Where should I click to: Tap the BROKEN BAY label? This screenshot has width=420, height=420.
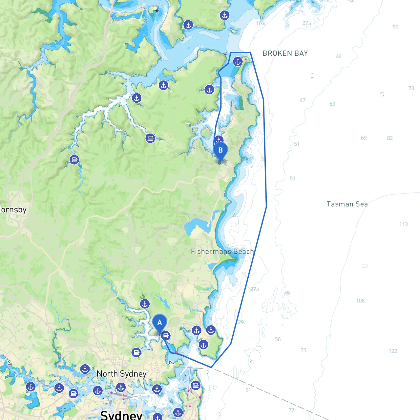[285, 53]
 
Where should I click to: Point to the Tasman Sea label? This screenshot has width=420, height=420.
[347, 204]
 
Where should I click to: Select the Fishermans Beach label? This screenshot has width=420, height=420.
[222, 252]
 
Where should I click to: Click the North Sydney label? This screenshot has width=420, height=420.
[121, 374]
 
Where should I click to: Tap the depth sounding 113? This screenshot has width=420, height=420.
[403, 224]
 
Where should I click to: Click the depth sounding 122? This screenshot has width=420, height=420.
[393, 351]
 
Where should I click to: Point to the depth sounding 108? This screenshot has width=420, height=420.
[360, 301]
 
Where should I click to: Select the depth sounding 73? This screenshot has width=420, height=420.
[411, 88]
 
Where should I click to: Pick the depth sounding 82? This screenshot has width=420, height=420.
[390, 138]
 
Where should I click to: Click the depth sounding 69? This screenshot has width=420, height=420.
[364, 138]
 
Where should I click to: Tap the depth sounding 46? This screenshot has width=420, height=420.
[339, 56]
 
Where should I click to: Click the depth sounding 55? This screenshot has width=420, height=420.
[395, 28]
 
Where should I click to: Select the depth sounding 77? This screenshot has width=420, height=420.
[291, 410]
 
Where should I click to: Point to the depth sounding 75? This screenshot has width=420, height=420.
[304, 350]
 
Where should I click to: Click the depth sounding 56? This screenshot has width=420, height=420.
[278, 339]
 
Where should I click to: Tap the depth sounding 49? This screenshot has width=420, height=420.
[287, 293]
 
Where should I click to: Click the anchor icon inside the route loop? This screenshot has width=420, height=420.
[238, 62]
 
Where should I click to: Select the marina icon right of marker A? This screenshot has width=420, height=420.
[166, 336]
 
